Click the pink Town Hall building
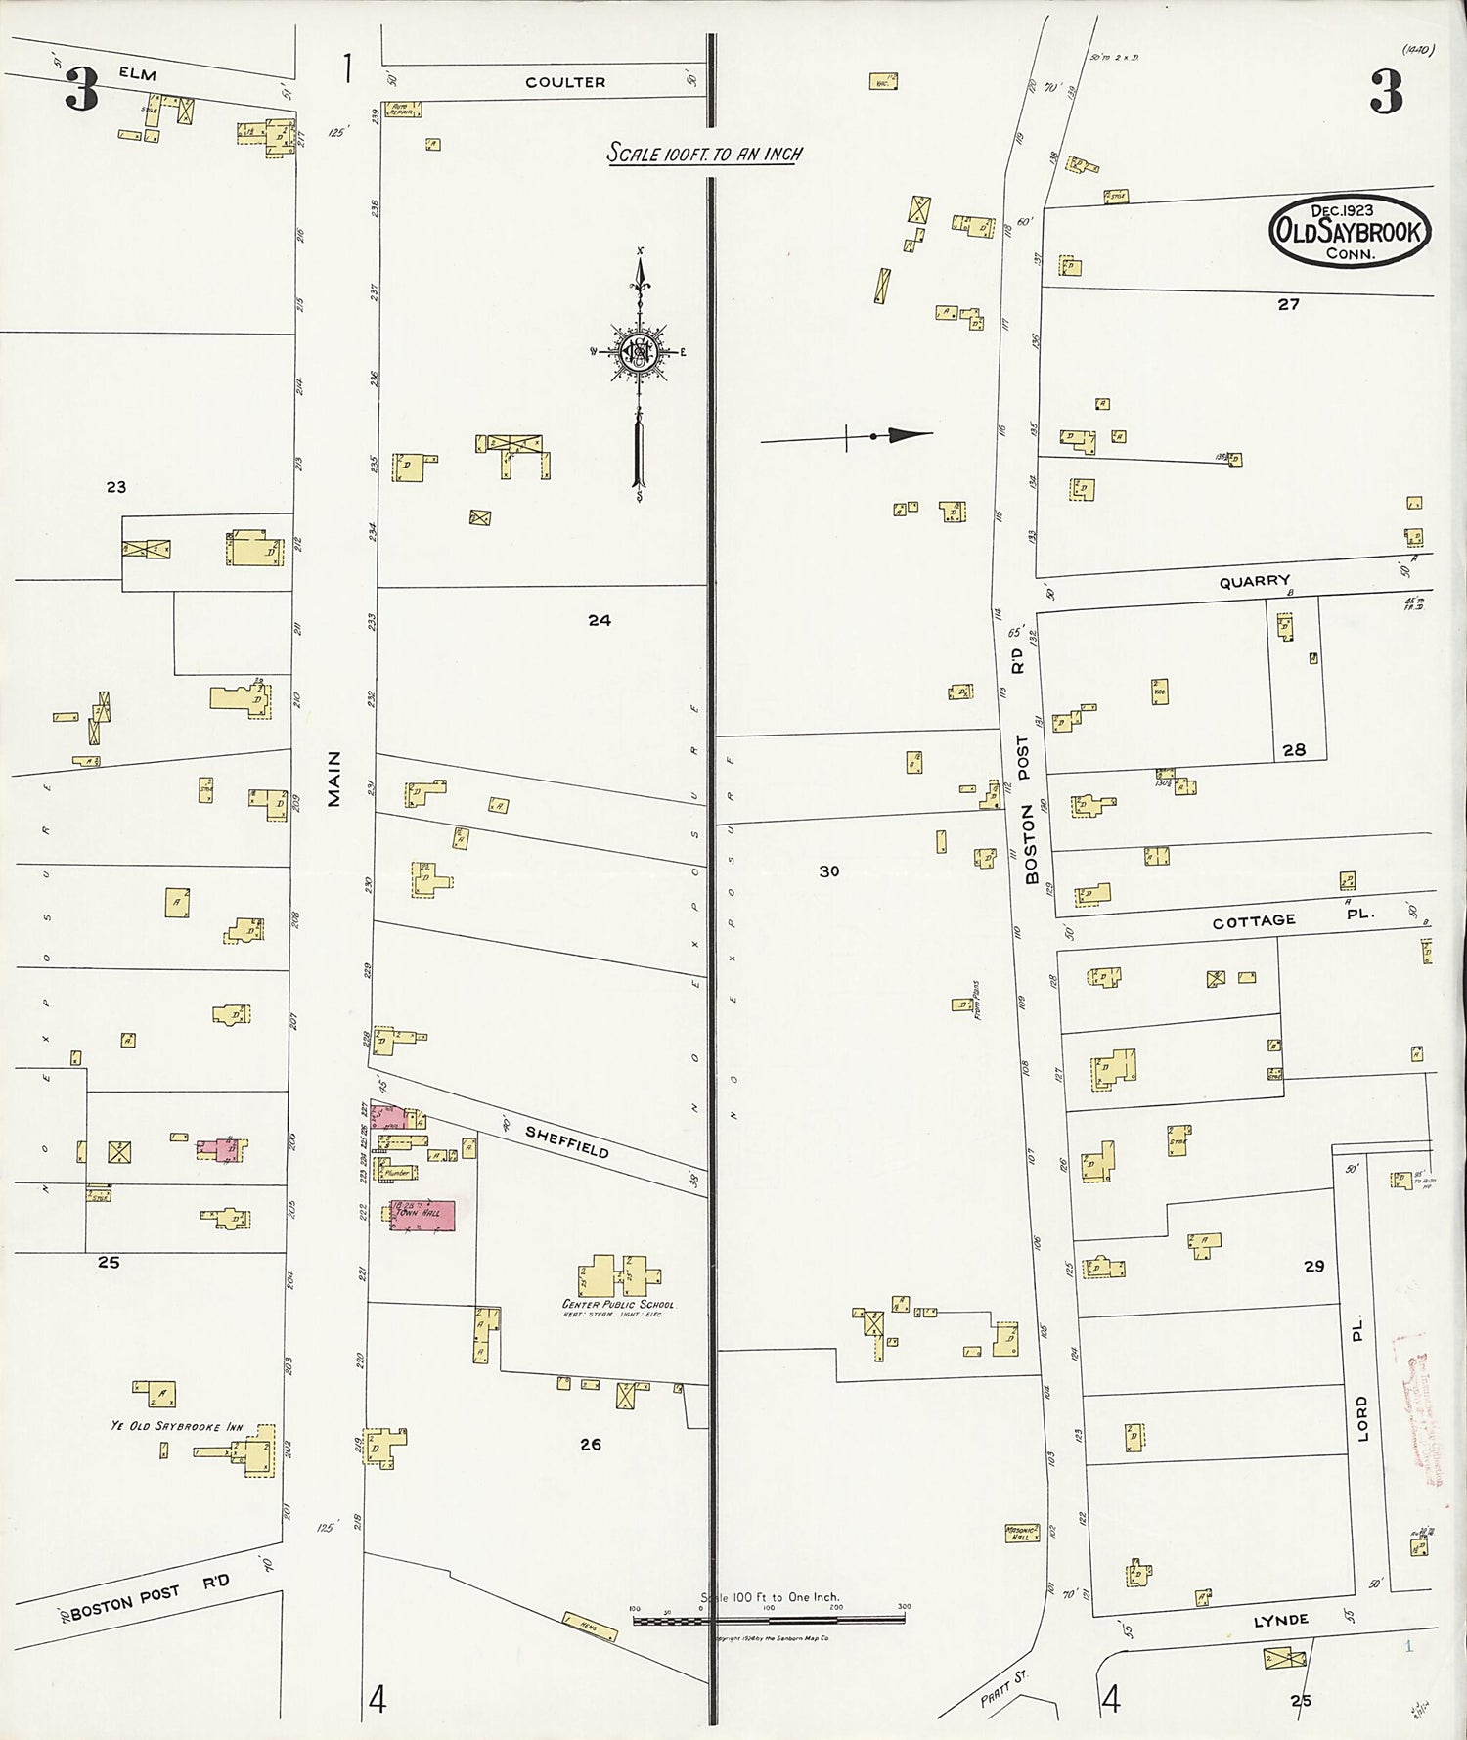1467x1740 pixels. coord(423,1215)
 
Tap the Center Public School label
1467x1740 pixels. coord(617,1305)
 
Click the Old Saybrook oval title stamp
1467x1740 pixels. coord(1350,231)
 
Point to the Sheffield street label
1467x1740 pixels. coord(567,1141)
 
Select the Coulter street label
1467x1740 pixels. coord(565,82)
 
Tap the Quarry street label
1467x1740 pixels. coord(1254,581)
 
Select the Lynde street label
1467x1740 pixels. coord(1281,1620)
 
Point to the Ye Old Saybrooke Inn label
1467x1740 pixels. coord(176,1427)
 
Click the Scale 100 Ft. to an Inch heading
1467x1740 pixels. coord(703,154)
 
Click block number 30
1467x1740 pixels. coord(829,870)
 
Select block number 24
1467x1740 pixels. coord(600,619)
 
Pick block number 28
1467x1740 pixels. coord(1294,750)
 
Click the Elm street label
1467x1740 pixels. coord(139,74)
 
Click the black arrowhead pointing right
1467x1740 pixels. coord(909,435)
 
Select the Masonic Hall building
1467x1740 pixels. coord(1022,1533)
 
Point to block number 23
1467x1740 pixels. coord(115,486)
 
